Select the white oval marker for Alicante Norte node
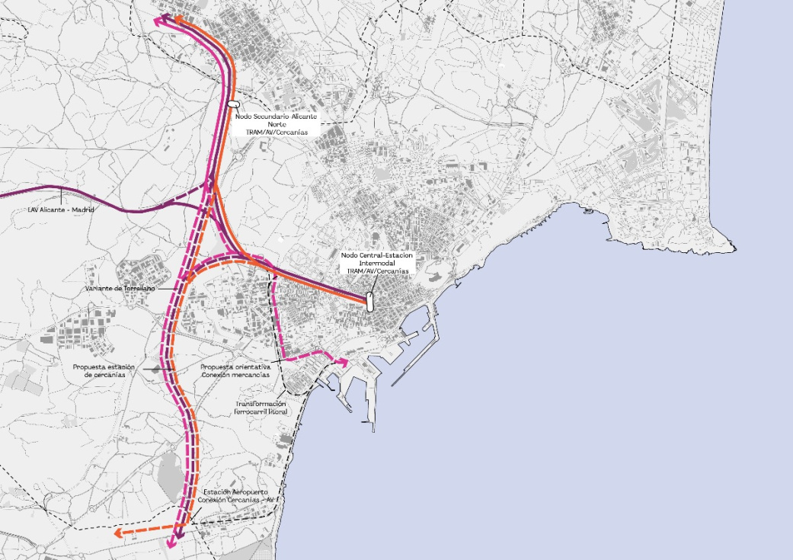point(233,102)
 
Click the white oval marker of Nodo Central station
point(369,301)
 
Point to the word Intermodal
point(375,262)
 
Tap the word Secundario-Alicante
point(287,117)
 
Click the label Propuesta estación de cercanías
point(104,370)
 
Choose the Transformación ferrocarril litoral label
point(261,408)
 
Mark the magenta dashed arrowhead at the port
point(344,363)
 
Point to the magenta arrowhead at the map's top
point(158,21)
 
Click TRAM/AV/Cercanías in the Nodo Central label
point(375,270)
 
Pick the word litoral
point(276,411)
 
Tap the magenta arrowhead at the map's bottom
point(174,542)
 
